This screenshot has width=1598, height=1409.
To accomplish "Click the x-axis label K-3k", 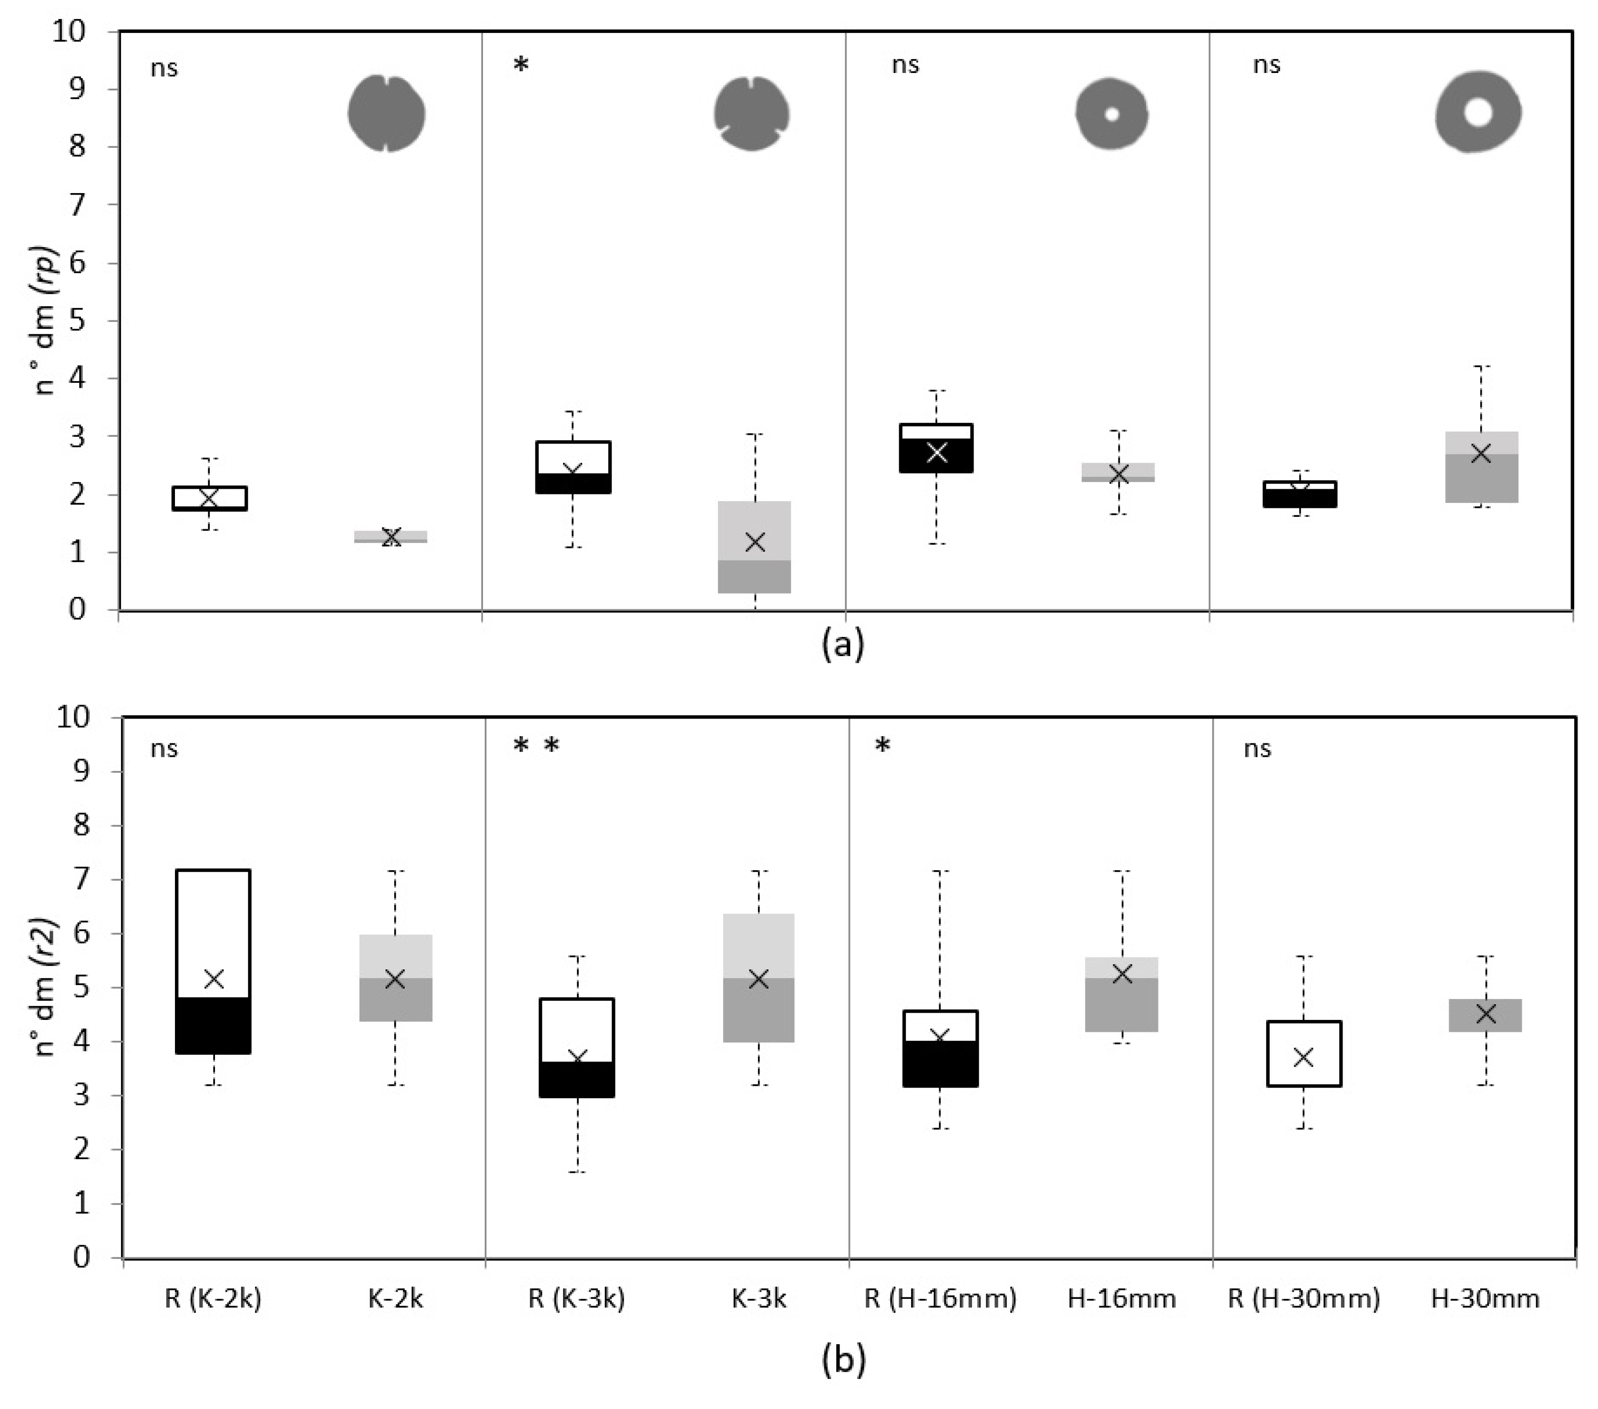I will pyautogui.click(x=758, y=1299).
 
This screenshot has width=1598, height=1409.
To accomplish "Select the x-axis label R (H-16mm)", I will pyautogui.click(x=940, y=1299).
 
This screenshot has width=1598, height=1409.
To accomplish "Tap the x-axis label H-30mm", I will pyautogui.click(x=1485, y=1299).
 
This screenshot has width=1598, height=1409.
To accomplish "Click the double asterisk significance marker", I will pyautogui.click(x=536, y=746).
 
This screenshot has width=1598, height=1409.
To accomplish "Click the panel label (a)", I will pyautogui.click(x=843, y=645).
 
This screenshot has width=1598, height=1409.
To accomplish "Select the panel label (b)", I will pyautogui.click(x=843, y=1360).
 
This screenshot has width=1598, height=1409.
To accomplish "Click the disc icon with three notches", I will pyautogui.click(x=751, y=113).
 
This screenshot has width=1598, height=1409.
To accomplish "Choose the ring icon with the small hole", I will pyautogui.click(x=1112, y=113).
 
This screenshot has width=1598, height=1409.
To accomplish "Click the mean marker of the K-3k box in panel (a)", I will pyautogui.click(x=755, y=542).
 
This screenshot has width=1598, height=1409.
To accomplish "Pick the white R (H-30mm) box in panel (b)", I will pyautogui.click(x=1303, y=1053).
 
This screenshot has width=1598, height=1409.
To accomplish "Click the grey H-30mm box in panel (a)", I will pyautogui.click(x=1481, y=467).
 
